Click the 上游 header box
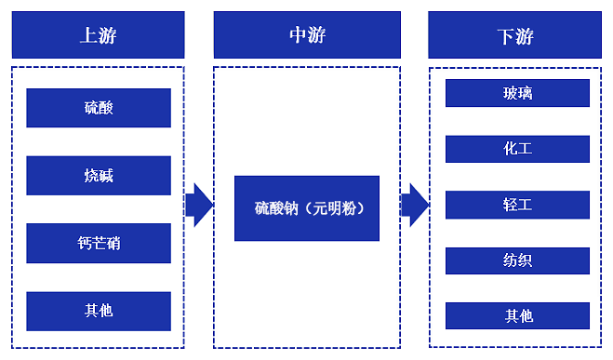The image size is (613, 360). tap(98, 35)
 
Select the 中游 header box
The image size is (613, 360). tap(307, 35)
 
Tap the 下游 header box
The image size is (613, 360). tap(516, 35)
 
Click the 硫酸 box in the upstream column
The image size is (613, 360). tap(99, 108)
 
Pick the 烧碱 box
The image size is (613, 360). tap(99, 175)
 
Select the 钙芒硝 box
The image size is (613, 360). tap(99, 243)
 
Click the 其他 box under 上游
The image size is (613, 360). tap(99, 311)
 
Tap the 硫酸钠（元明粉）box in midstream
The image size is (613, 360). tap(307, 208)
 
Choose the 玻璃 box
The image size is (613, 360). tap(517, 93)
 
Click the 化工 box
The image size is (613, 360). tap(517, 149)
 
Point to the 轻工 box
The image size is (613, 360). tap(517, 205)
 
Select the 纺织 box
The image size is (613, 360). tap(517, 260)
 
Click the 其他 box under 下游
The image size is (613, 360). tap(517, 315)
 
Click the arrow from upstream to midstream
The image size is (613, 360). tap(199, 205)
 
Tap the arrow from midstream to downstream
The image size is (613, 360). tap(414, 205)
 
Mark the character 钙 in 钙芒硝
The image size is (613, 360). tap(85, 244)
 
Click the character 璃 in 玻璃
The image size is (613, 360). tap(526, 93)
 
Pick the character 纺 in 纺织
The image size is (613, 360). tap(510, 260)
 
